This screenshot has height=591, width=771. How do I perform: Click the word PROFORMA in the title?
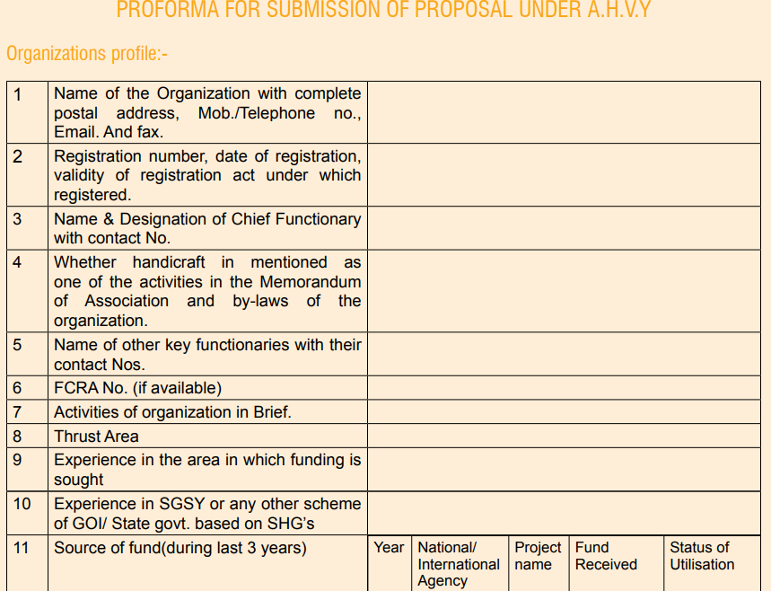click(x=168, y=11)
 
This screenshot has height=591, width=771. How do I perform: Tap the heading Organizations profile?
click(x=87, y=54)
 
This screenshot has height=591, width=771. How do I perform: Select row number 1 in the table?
click(x=18, y=93)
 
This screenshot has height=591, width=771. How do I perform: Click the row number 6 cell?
click(x=18, y=388)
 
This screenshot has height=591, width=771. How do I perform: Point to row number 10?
click(x=22, y=504)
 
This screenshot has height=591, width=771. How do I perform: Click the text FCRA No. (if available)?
click(x=137, y=388)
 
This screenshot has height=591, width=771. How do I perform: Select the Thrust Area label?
click(x=96, y=437)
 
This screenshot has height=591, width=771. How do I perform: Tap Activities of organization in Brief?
click(x=172, y=412)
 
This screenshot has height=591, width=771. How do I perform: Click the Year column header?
click(x=389, y=547)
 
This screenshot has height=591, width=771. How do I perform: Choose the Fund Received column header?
click(x=606, y=556)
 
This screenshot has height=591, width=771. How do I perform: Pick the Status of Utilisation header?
click(x=701, y=556)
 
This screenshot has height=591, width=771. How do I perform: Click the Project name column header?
click(x=538, y=556)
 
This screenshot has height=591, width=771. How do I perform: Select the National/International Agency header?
click(x=459, y=564)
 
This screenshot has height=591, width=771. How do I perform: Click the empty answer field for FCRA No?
click(x=564, y=388)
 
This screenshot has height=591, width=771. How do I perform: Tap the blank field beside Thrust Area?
click(x=564, y=437)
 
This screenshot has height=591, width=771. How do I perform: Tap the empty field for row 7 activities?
click(x=564, y=412)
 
